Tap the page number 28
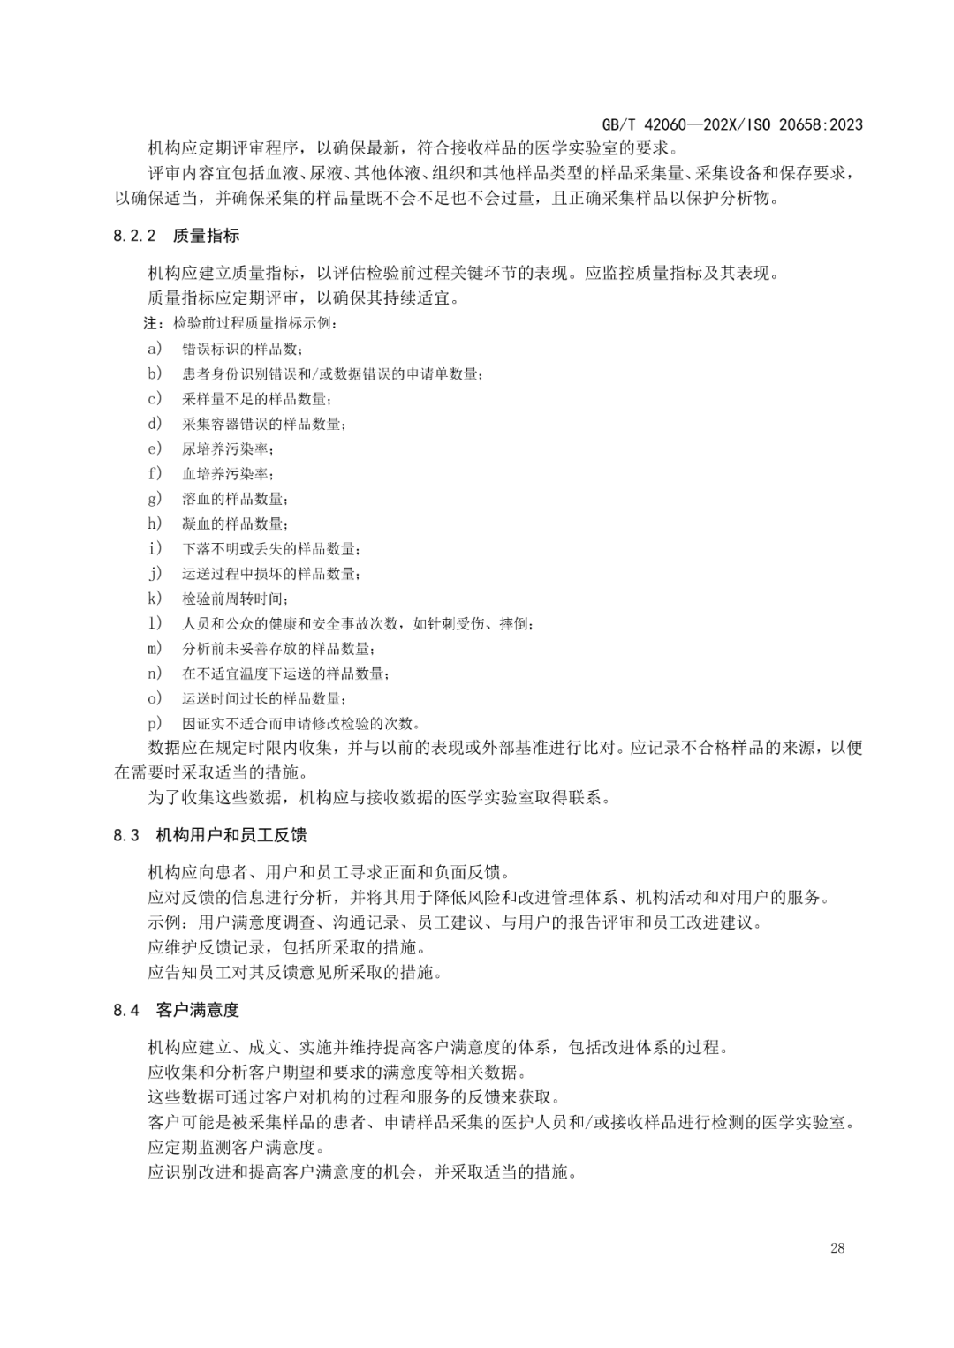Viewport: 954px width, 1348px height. [x=837, y=1248]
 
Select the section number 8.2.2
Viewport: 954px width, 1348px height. [x=134, y=236]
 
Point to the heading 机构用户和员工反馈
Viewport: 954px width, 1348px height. [x=231, y=835]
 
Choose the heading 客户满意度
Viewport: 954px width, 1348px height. [x=198, y=1010]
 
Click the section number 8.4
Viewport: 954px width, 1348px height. [x=126, y=1010]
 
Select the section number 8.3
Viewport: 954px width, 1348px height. [x=126, y=835]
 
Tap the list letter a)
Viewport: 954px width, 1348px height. [x=155, y=348]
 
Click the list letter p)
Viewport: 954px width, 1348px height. [x=155, y=723]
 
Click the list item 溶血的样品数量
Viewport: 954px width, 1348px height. [x=234, y=499]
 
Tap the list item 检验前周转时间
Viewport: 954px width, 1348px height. [x=234, y=599]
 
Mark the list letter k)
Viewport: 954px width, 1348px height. [x=155, y=599]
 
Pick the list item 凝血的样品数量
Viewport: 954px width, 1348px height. [x=234, y=523]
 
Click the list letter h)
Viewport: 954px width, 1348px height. [x=155, y=523]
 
